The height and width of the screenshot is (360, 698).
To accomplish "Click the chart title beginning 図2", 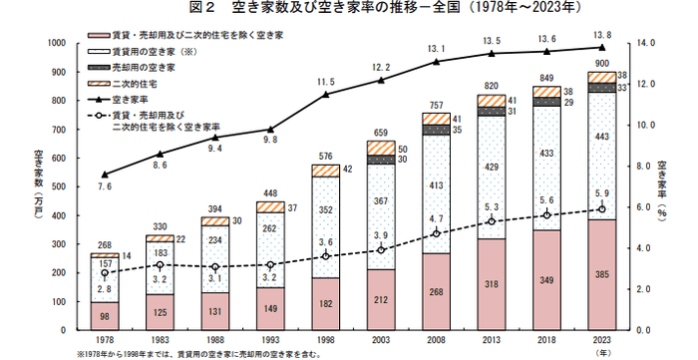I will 348,10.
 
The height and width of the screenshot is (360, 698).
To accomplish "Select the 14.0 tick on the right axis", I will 647,43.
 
